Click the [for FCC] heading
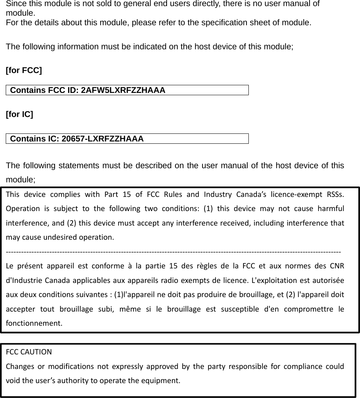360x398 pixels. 24,71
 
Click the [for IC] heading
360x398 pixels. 19,114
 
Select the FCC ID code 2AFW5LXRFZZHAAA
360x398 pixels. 123,90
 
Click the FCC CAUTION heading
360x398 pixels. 24,352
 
